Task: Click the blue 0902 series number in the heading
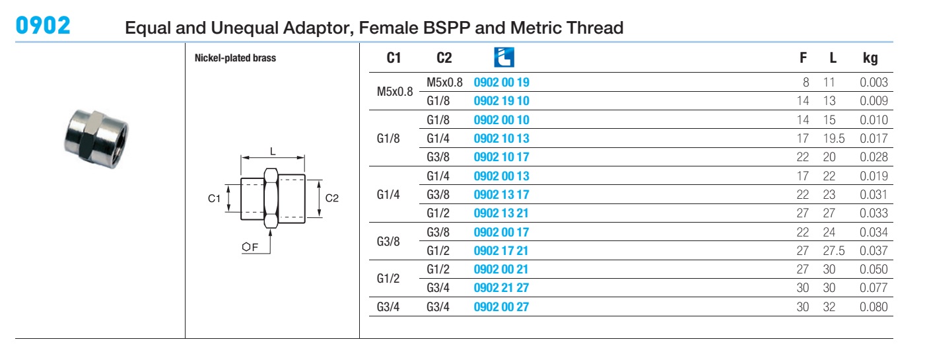click(x=43, y=26)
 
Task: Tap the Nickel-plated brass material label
click(x=235, y=58)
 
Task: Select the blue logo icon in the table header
click(x=504, y=57)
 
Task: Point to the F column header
click(x=803, y=57)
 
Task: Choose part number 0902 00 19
click(x=501, y=82)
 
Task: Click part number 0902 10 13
click(x=501, y=138)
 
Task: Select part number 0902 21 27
click(x=501, y=287)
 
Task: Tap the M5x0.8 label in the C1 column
click(x=395, y=92)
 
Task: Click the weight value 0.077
click(x=874, y=287)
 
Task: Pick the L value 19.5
click(x=834, y=138)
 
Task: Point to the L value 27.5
click(x=834, y=250)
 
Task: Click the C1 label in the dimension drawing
click(x=214, y=199)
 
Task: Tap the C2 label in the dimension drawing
click(x=331, y=198)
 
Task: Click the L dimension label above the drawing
click(x=273, y=151)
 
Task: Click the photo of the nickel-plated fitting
click(x=96, y=139)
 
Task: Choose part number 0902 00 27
click(x=501, y=307)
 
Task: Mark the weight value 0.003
click(x=874, y=82)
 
